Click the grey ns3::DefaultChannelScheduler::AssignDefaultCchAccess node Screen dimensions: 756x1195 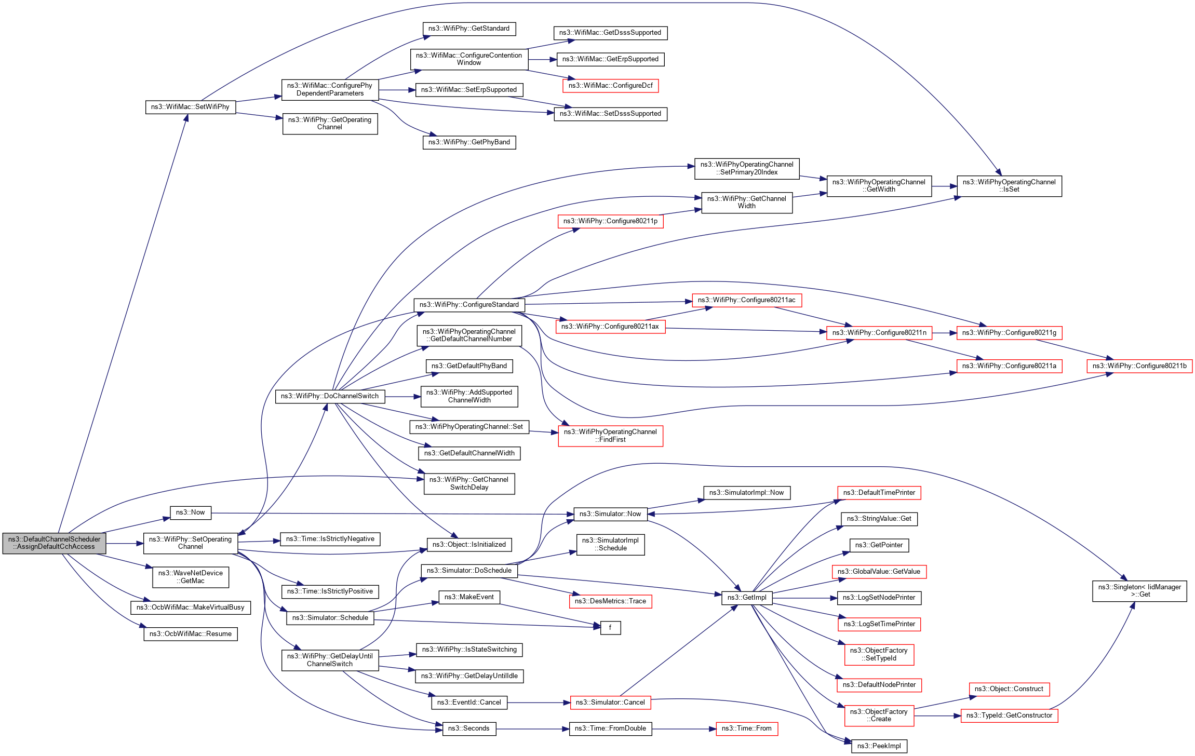54,543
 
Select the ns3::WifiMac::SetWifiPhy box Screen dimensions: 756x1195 190,107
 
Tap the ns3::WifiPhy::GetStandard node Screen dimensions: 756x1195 469,29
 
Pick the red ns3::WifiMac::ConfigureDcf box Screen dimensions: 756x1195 610,86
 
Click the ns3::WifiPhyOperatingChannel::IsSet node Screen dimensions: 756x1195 1009,186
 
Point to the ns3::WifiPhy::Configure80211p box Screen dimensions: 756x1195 610,221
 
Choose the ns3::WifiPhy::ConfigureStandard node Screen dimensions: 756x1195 469,305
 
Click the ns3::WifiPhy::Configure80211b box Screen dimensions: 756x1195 1139,366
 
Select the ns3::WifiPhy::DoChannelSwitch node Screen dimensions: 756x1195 330,396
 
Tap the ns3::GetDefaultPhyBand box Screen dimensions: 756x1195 469,366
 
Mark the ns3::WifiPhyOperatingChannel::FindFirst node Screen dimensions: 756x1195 610,436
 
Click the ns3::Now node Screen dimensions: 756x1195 190,512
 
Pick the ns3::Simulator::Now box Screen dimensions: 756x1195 610,514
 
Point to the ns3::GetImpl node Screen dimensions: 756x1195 747,598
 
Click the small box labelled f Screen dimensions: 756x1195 610,628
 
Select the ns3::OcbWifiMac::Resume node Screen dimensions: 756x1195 190,634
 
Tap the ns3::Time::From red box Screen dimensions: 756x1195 746,728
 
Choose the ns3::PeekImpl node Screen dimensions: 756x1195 879,746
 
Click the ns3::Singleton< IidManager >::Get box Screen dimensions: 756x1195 1139,591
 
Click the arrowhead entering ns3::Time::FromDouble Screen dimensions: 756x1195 567,729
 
